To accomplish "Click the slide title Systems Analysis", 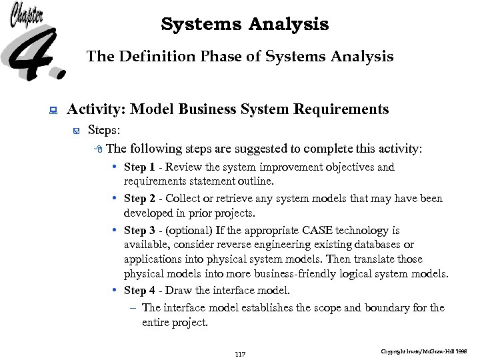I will pos(245,25).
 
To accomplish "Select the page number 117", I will pos(241,353).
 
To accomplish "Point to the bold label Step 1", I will pos(139,167).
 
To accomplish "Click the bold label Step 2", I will pos(139,199).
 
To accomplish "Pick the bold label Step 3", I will pos(139,231).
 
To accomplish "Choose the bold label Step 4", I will pos(139,291).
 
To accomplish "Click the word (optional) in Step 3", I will pos(189,231).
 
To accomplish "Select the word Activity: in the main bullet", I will pos(98,109).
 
